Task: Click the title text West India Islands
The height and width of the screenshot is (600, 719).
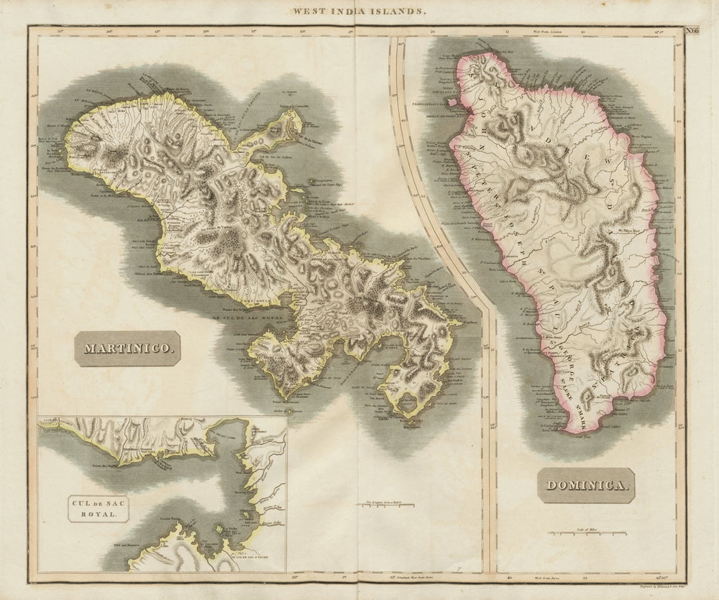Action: point(359,11)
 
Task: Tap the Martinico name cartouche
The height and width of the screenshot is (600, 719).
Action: point(128,349)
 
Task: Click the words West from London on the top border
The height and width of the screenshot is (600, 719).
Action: point(546,32)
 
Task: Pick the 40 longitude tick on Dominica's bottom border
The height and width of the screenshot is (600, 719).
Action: point(510,576)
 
